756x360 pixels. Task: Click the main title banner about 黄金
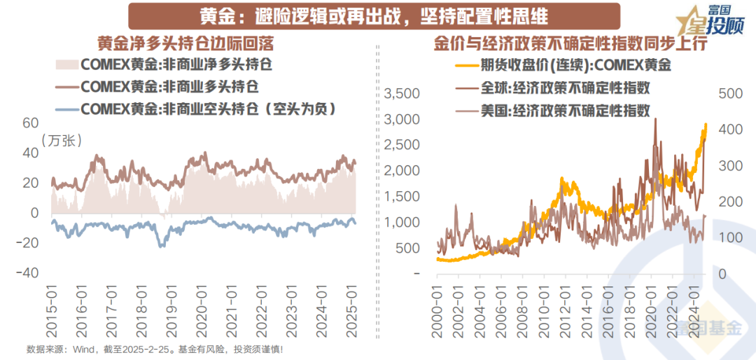tap(365, 15)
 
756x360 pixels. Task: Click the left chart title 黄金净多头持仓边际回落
tap(185, 43)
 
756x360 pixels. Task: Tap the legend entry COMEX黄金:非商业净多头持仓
tap(176, 66)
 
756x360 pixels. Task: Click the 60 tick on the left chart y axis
tap(29, 123)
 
